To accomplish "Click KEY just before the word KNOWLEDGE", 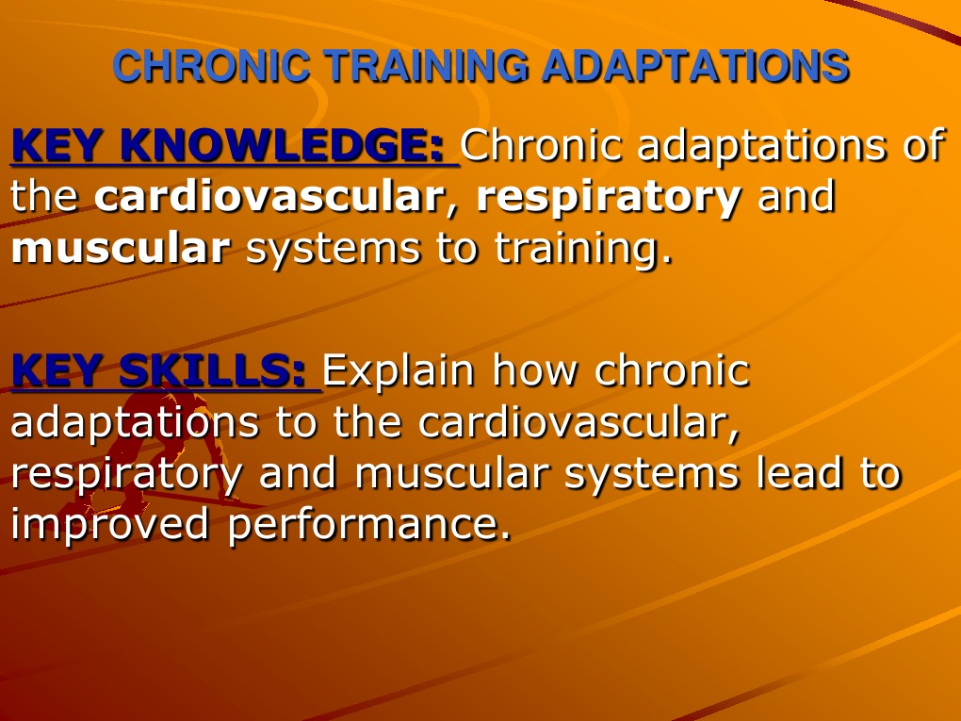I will click(x=59, y=145).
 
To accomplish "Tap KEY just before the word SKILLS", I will click(x=59, y=370).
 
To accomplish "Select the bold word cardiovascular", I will click(x=269, y=197).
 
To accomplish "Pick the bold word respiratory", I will click(x=609, y=197).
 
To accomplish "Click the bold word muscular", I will click(x=121, y=249).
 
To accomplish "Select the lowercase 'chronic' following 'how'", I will click(x=672, y=370).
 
